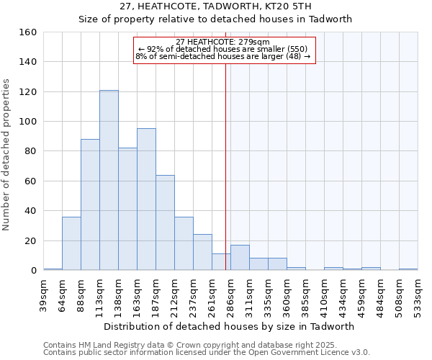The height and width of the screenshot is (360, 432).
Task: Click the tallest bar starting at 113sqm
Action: (x=109, y=180)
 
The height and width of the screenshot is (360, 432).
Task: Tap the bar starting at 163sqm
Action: (x=146, y=199)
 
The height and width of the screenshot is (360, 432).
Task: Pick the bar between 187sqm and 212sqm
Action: (x=165, y=222)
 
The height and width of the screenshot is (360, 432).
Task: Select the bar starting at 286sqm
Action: (x=240, y=258)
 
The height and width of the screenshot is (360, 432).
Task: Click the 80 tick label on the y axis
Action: (x=30, y=151)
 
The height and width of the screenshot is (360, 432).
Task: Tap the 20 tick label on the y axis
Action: (x=30, y=240)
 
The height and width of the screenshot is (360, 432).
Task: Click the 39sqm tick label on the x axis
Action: (x=44, y=292)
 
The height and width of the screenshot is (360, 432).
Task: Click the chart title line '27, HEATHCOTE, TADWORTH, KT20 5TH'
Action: (x=215, y=6)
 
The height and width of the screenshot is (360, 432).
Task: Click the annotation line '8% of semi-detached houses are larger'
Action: (x=223, y=56)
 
